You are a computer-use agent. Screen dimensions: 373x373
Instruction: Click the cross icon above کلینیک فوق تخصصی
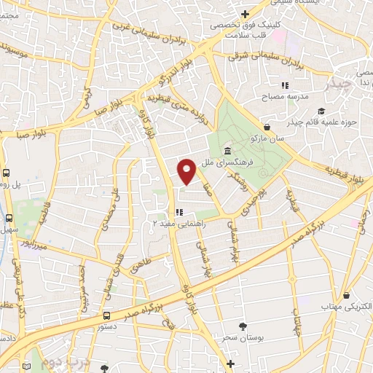coord(246,13)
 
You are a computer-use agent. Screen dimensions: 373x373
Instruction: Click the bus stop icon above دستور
coord(106,315)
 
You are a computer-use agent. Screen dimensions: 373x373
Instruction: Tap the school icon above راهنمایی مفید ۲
coord(180,213)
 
